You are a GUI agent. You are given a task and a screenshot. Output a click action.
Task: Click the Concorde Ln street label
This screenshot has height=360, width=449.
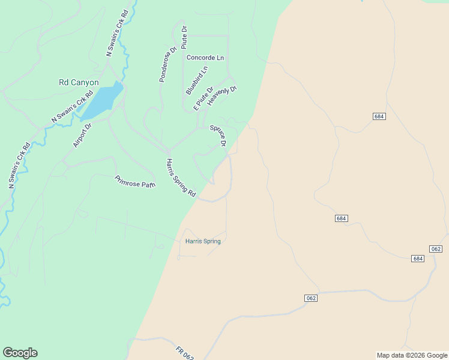pos(205,58)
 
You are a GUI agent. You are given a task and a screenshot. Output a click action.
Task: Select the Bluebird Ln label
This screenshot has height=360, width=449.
pos(197,80)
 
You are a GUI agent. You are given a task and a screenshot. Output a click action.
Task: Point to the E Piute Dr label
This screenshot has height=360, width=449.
pos(203,98)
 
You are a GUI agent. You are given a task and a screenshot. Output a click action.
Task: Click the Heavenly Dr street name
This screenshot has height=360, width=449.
pos(222,97)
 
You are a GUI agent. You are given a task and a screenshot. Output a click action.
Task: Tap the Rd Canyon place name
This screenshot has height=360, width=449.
pos(79,83)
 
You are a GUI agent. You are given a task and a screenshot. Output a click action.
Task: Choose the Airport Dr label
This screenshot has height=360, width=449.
pos(82,135)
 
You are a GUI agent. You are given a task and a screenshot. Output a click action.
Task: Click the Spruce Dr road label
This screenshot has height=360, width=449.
pos(218,136)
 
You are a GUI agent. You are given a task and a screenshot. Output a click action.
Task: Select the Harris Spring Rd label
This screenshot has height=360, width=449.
pos(181,178)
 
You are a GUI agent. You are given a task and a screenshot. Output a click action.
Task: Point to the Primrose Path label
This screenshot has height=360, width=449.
pos(135,181)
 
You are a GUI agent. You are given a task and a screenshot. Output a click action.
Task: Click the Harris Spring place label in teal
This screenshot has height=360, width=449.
pos(203,241)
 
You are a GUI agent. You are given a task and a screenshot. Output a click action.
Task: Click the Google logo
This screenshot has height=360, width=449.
pos(20,353)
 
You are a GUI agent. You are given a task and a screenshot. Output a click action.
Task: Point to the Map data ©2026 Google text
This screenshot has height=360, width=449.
pos(412,355)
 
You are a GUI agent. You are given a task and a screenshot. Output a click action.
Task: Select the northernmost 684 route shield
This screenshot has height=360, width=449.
pos(378,116)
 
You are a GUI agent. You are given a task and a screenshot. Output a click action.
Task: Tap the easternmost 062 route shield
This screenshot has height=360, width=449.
pos(436,249)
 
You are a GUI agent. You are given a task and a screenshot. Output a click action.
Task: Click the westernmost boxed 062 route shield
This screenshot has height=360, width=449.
pos(310,298)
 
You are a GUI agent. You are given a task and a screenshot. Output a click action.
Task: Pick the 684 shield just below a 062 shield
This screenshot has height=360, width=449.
pos(418,259)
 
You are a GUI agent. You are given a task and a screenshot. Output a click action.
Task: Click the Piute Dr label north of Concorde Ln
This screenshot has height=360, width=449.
pos(184,37)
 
